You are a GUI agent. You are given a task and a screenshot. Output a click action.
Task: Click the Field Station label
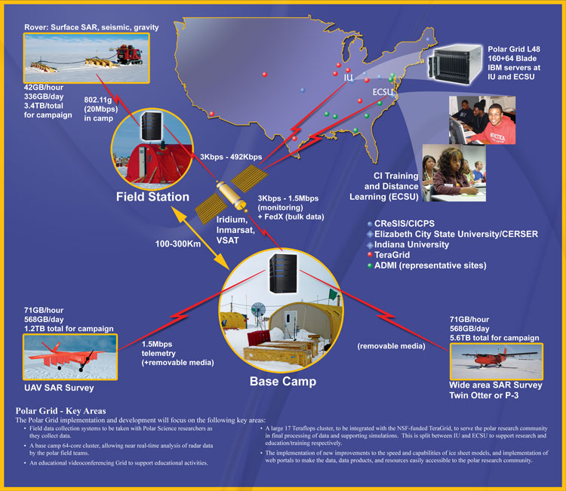[x=152, y=196]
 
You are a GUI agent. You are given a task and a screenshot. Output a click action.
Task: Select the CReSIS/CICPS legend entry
[x=407, y=224]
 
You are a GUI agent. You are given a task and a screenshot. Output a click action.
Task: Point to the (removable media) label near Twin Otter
[x=389, y=348]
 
